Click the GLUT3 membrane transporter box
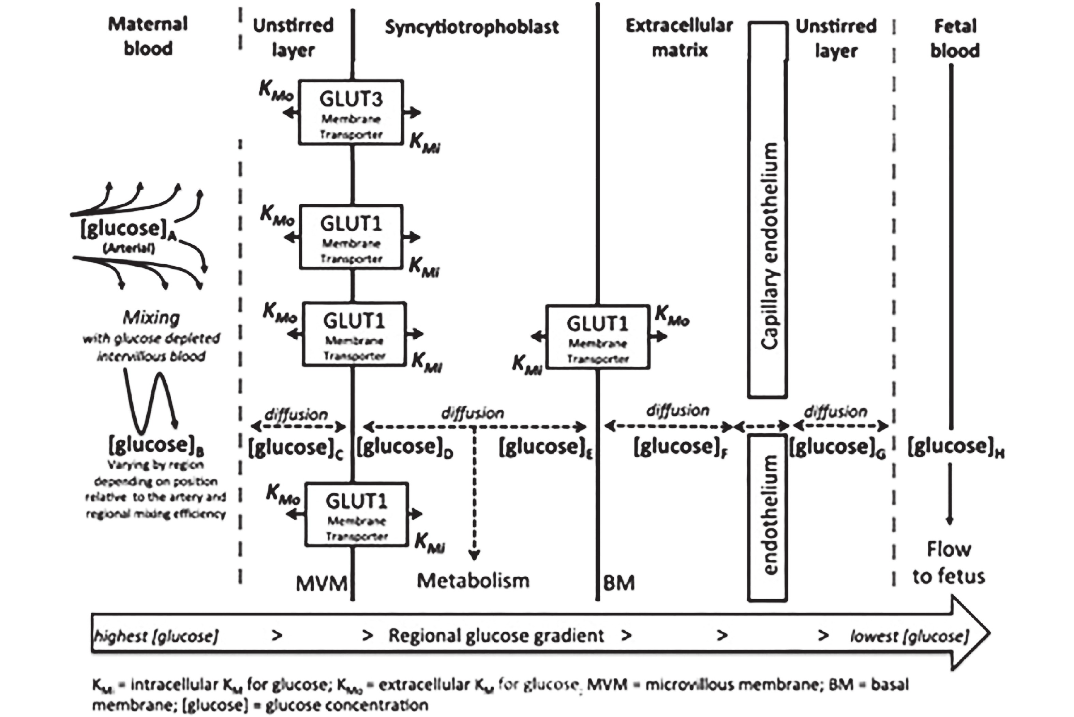350,113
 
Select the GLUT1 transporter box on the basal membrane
597,337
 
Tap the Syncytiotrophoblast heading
472,27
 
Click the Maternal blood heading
148,36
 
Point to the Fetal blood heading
955,38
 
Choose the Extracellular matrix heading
679,38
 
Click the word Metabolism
473,581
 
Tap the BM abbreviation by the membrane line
619,583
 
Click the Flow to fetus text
949,562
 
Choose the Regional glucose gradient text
496,635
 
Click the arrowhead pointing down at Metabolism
474,555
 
